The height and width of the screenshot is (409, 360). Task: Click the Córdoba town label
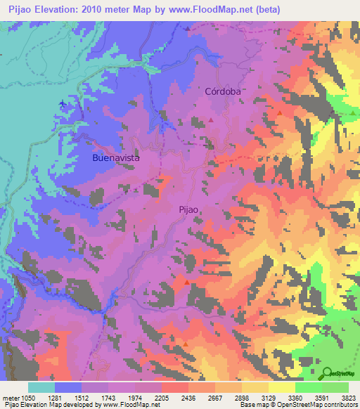click(223, 91)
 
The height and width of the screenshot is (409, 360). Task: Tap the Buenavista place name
click(116, 158)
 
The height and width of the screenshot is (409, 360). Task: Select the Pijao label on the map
click(191, 209)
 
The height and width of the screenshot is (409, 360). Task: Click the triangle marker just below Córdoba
click(210, 119)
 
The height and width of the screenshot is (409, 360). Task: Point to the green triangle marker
click(352, 112)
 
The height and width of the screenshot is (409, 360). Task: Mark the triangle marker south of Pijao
click(186, 282)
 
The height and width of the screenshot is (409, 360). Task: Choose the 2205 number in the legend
click(161, 398)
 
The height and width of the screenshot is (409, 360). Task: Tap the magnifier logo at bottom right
click(338, 372)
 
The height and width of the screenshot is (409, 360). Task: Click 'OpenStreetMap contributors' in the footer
click(309, 405)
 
